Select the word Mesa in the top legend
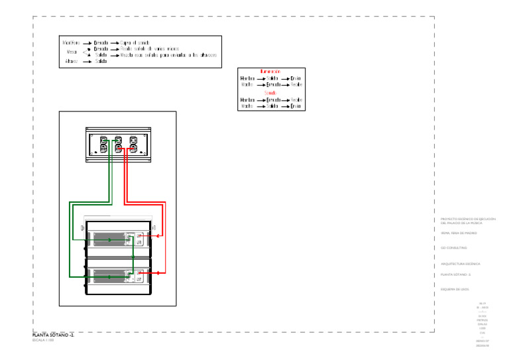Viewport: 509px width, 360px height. click(x=72, y=51)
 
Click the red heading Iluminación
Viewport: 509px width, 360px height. click(x=270, y=71)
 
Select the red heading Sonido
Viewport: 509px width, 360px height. click(x=270, y=93)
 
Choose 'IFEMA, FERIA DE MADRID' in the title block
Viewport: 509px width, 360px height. click(x=458, y=233)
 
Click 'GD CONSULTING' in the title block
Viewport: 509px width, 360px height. click(x=454, y=248)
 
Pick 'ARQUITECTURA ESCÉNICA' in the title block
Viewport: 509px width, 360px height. click(x=460, y=264)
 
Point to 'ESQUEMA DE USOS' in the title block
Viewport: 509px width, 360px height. click(x=455, y=289)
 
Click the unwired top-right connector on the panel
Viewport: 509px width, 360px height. click(x=133, y=140)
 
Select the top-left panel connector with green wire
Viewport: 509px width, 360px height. click(x=103, y=140)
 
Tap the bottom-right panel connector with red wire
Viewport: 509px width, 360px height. click(x=133, y=149)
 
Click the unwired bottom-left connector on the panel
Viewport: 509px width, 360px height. click(x=103, y=149)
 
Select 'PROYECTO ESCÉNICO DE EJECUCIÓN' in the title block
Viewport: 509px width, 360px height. click(x=468, y=219)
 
